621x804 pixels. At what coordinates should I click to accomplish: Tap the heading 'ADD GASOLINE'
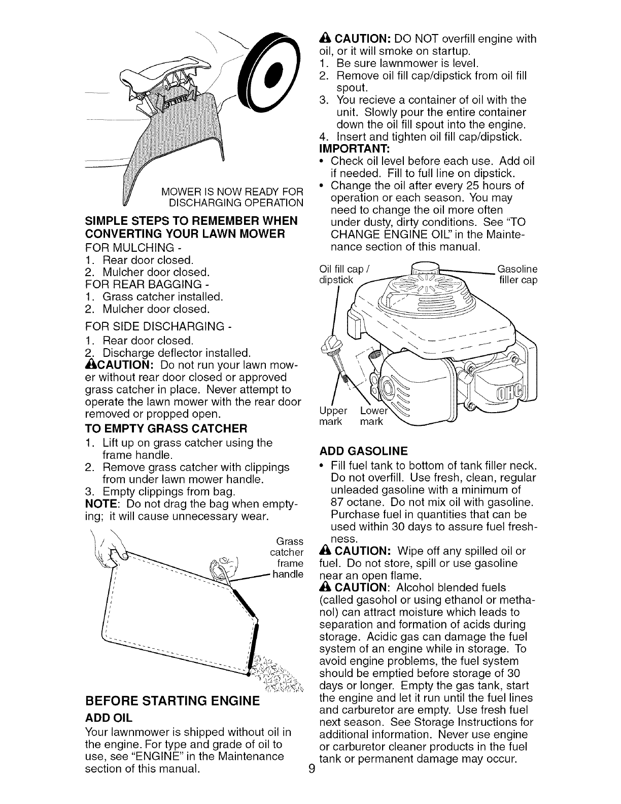(x=364, y=451)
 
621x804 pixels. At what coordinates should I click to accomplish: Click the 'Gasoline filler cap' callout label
(x=517, y=274)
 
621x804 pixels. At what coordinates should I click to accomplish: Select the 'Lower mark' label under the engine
(x=372, y=416)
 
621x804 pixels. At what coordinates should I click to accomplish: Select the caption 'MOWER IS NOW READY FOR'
(x=232, y=191)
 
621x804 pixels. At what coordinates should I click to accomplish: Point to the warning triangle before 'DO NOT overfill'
(x=325, y=39)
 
